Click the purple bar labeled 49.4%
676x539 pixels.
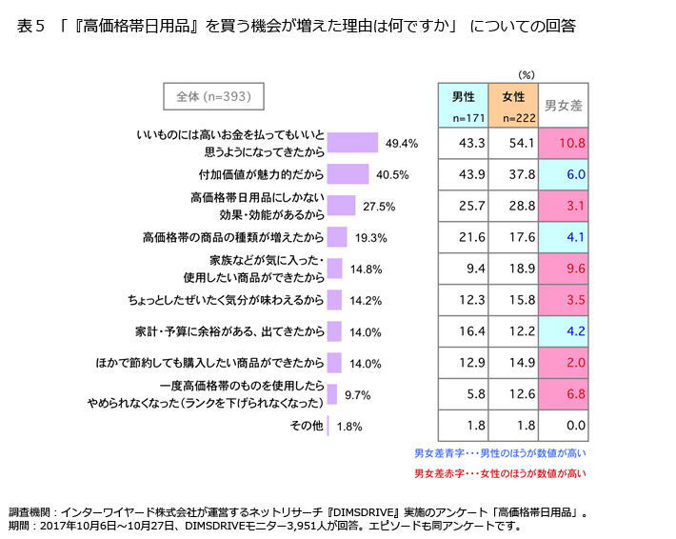tap(352, 143)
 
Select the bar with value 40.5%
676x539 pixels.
tap(348, 174)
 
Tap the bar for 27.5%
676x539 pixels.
tap(341, 206)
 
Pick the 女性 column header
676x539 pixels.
tap(513, 105)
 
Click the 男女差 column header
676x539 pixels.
tap(563, 105)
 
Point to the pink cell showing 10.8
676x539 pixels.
tap(563, 143)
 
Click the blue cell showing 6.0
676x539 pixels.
tap(563, 174)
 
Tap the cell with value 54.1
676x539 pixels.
tap(513, 143)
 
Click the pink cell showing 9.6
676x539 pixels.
tap(563, 269)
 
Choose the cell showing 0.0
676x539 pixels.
tap(563, 426)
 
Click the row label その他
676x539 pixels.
tap(306, 426)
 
